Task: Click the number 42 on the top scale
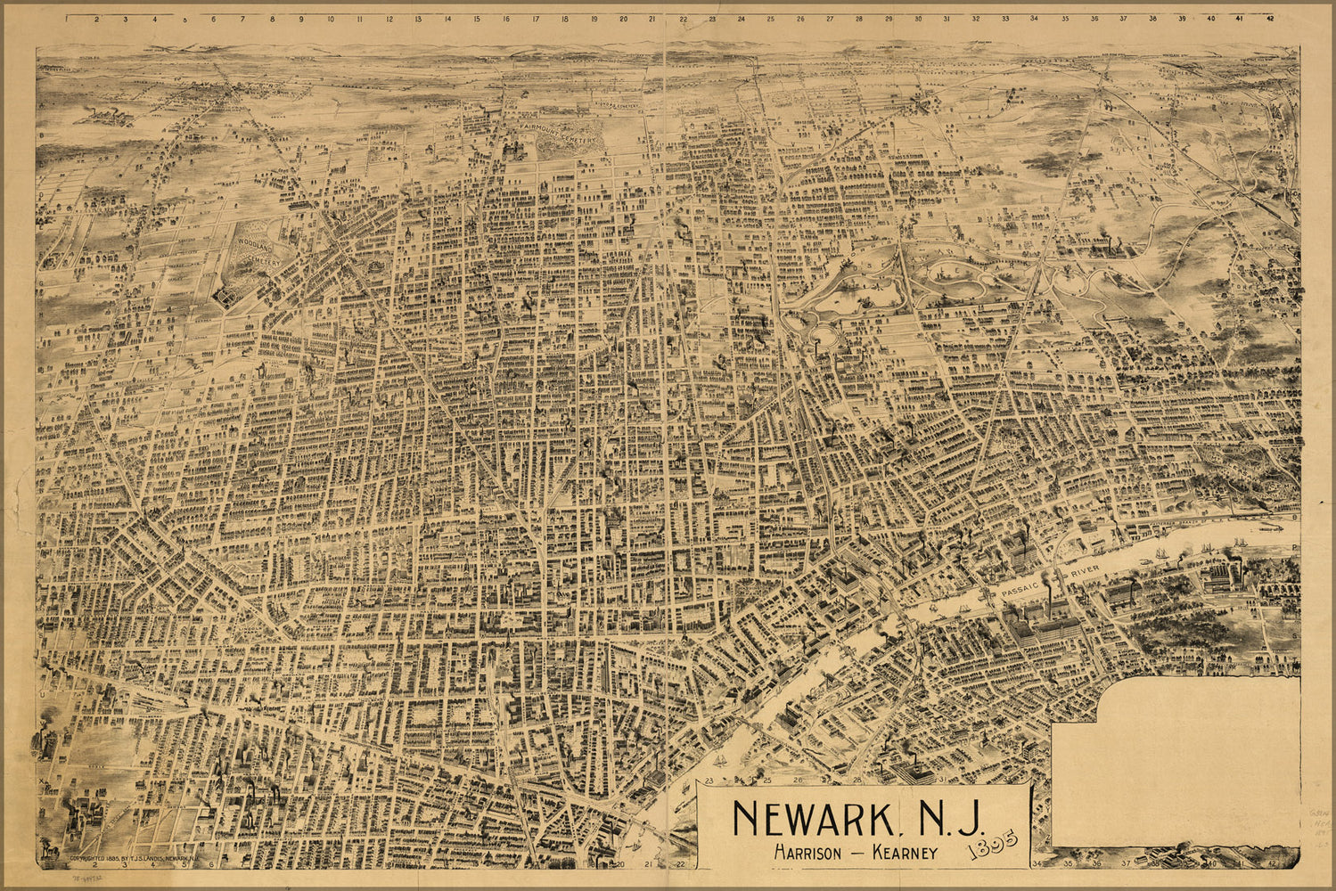click(x=1269, y=18)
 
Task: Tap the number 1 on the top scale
click(x=66, y=18)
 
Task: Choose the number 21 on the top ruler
click(x=652, y=18)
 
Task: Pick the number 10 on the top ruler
click(x=330, y=18)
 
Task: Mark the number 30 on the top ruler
click(x=917, y=18)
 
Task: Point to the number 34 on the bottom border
click(x=1037, y=863)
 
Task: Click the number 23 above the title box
click(x=710, y=781)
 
